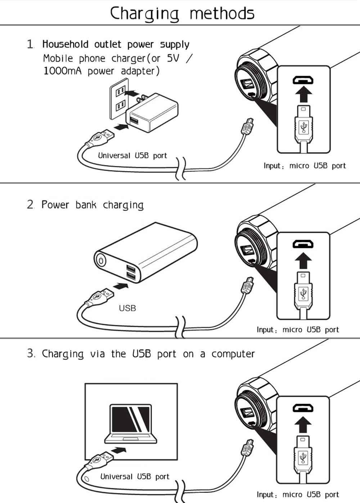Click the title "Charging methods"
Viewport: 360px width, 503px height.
tap(182, 13)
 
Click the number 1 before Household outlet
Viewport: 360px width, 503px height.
tap(30, 45)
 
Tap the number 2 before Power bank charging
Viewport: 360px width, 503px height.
tap(30, 205)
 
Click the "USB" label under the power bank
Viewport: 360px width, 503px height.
tap(127, 308)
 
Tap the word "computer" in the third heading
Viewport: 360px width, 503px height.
tap(233, 354)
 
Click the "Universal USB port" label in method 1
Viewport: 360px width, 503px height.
tap(132, 156)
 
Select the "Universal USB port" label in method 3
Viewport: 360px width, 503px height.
tap(135, 476)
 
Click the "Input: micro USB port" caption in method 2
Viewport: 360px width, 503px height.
tap(298, 330)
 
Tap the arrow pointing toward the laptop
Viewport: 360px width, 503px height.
tap(119, 450)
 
